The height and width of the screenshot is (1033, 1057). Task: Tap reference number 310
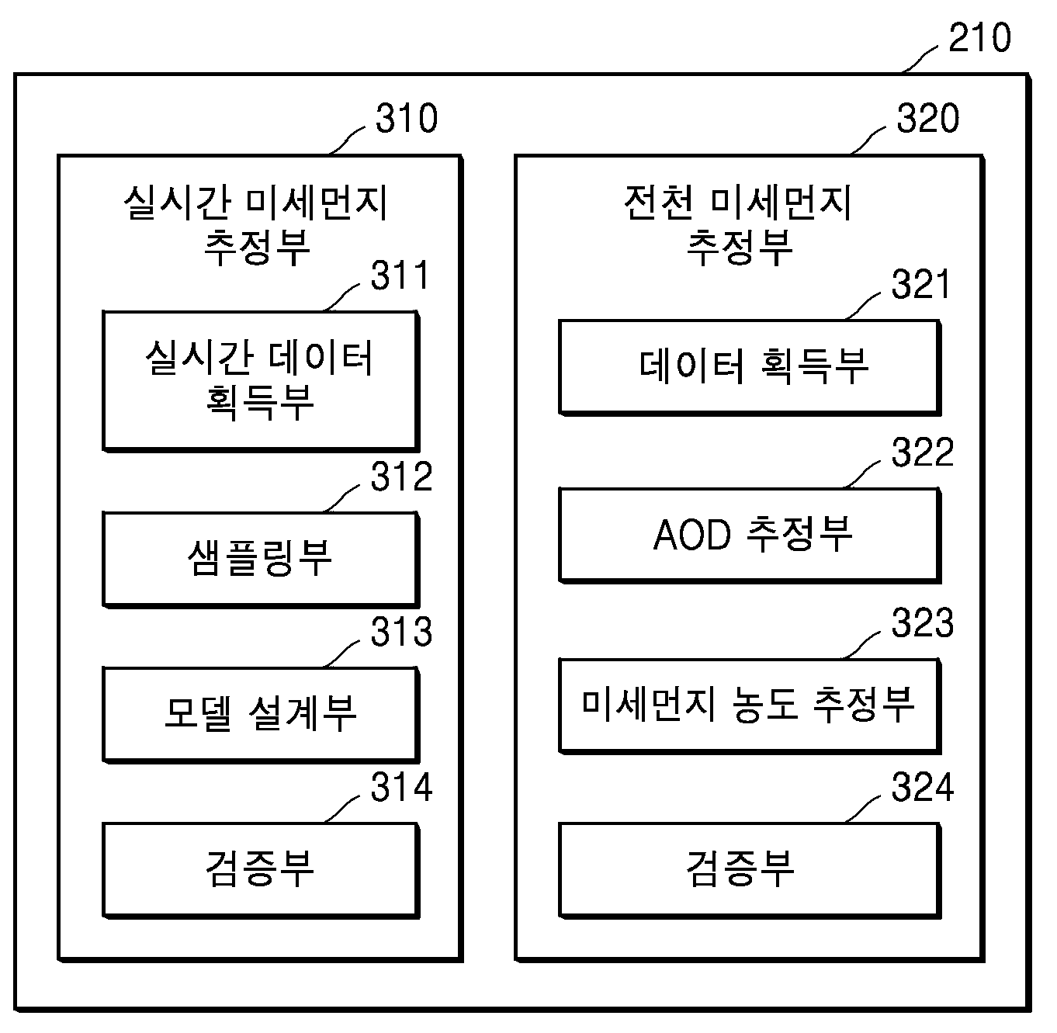point(407,118)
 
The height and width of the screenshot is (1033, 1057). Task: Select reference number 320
point(927,118)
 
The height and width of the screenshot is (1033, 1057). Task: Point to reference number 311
point(400,275)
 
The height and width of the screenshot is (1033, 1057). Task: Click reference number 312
point(401,477)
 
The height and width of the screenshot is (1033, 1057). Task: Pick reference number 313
point(401,631)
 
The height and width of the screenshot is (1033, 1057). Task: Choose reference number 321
point(920,283)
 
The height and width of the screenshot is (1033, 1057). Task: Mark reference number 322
point(922,452)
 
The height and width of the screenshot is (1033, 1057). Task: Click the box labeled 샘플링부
point(261,560)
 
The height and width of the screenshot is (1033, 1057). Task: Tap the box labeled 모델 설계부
point(261,715)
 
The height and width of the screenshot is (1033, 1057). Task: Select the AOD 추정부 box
point(750,536)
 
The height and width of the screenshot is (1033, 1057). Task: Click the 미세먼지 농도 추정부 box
point(750,706)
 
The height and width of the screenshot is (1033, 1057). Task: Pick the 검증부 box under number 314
point(261,871)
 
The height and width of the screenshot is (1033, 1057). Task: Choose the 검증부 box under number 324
point(750,871)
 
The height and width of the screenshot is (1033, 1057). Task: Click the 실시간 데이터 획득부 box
point(261,381)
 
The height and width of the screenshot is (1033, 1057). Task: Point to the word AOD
point(691,535)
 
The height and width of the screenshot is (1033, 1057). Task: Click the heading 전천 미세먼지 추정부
point(738,225)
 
